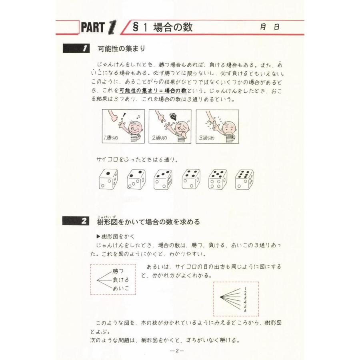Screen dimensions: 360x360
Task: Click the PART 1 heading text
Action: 98,27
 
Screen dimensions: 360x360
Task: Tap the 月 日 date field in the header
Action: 269,27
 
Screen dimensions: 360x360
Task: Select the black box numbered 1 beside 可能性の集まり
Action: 77,49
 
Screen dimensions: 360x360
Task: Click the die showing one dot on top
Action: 108,179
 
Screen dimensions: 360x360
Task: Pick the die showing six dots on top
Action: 244,179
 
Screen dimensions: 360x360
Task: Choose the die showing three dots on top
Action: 162,179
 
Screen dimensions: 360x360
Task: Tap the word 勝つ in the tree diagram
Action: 118,271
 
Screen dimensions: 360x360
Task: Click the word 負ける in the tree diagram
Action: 120,280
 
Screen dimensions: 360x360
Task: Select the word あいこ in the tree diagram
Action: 120,288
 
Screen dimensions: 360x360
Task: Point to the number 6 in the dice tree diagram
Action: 245,310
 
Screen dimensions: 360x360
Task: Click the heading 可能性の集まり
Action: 121,49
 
